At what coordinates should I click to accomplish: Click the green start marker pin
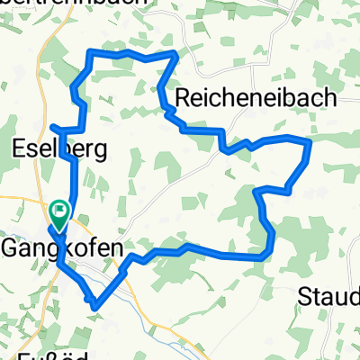pyautogui.click(x=60, y=213)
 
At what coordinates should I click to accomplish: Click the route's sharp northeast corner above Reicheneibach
pyautogui.click(x=175, y=55)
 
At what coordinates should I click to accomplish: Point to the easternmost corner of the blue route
pyautogui.click(x=310, y=141)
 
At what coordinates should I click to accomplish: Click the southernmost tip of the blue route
pyautogui.click(x=95, y=306)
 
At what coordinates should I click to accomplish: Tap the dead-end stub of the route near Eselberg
pyautogui.click(x=52, y=127)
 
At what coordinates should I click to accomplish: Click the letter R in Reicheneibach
pyautogui.click(x=186, y=97)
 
